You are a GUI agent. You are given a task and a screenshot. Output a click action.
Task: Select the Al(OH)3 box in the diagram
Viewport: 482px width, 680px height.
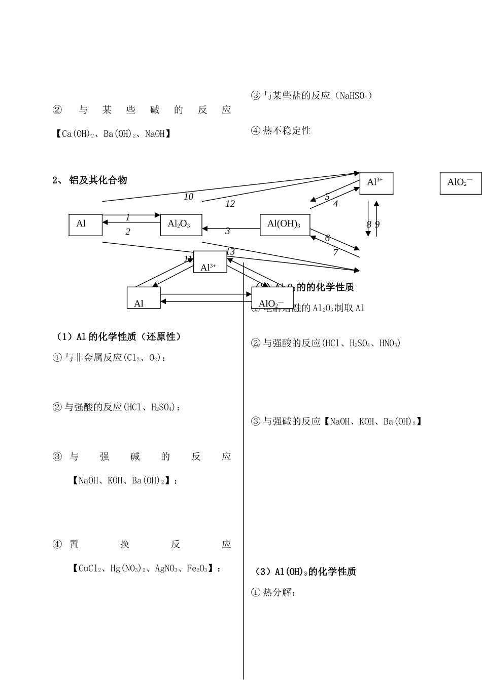point(285,224)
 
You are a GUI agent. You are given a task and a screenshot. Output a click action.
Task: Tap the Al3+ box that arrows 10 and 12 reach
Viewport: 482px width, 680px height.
point(376,183)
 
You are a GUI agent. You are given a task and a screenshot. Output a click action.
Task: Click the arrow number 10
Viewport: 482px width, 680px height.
point(188,197)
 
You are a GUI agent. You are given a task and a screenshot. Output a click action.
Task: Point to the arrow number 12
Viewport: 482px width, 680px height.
point(230,204)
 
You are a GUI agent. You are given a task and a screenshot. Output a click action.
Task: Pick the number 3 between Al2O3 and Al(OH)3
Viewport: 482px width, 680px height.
point(228,231)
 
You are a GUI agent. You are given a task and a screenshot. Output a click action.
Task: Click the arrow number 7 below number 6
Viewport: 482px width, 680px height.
point(336,252)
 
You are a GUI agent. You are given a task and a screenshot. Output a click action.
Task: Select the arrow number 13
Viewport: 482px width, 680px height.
point(230,252)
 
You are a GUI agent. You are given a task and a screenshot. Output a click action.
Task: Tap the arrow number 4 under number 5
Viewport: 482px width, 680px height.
point(336,204)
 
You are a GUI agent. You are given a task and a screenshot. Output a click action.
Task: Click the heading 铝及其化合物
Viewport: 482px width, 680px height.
point(98,180)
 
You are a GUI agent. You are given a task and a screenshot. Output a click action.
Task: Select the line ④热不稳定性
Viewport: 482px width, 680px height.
point(281,131)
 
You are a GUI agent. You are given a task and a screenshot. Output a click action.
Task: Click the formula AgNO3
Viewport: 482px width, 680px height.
point(166,569)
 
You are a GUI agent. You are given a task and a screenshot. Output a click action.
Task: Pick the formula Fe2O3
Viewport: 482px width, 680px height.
point(197,569)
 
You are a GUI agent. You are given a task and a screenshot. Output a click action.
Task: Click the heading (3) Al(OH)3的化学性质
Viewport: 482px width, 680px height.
point(304,572)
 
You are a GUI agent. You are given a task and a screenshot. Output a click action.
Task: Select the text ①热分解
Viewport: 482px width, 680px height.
point(273,592)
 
